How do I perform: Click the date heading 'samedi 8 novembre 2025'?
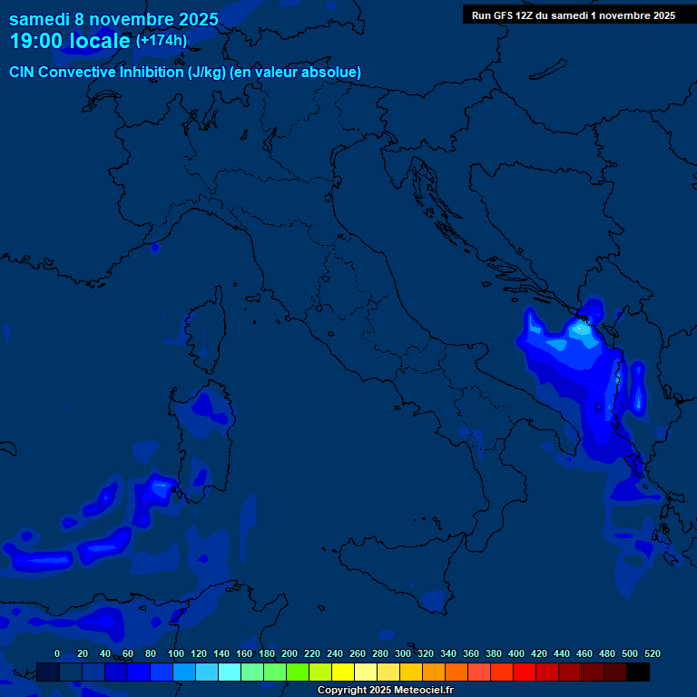click(113, 19)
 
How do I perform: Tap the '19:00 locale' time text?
click(70, 41)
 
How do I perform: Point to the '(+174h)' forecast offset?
click(162, 40)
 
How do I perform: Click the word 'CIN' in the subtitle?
click(23, 72)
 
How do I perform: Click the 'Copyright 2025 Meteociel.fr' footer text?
click(385, 690)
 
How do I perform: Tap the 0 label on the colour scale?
click(57, 653)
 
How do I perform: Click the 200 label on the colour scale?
click(290, 653)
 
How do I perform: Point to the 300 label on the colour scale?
click(403, 653)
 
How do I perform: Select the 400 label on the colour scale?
click(516, 653)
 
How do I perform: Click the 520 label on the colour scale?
click(652, 653)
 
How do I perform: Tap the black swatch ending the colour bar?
click(638, 672)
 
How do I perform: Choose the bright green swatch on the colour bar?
click(298, 672)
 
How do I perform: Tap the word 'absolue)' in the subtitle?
click(335, 72)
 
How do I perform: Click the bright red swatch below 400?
click(525, 672)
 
